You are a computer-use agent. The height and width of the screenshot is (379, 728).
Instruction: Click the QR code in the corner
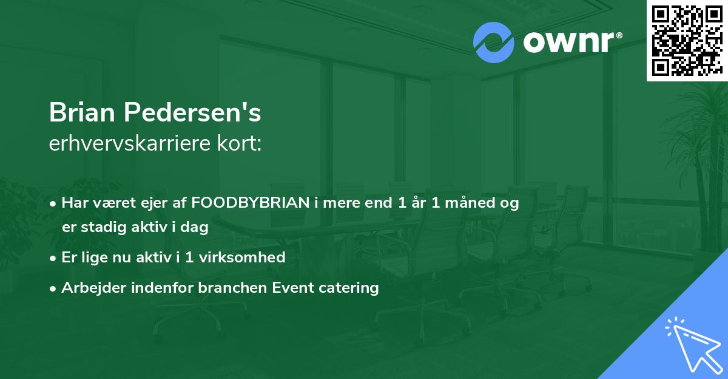pos(687,40)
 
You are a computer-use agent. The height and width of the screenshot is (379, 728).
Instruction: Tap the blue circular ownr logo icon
pos(493,43)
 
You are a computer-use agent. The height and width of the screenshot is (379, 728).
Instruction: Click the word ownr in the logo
pos(570,43)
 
